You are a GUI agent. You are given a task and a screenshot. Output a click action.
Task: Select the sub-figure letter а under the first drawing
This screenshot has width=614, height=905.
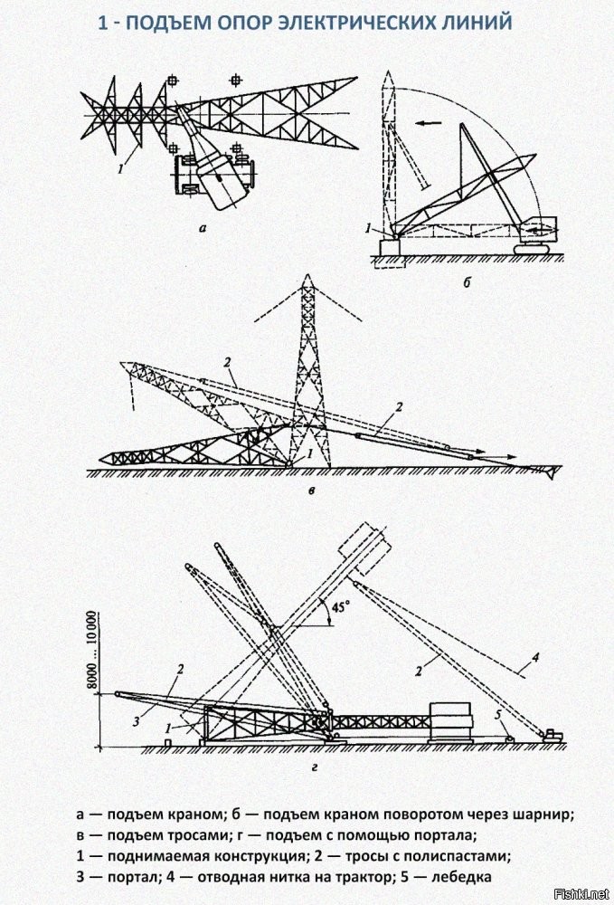[202, 229]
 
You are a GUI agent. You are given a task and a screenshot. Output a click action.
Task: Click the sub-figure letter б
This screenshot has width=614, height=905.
[467, 282]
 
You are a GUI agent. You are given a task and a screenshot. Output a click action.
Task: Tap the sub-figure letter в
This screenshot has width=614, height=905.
[311, 491]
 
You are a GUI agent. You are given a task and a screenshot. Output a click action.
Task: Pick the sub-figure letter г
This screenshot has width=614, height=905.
[314, 767]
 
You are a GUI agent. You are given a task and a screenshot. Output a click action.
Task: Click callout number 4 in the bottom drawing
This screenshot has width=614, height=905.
[535, 657]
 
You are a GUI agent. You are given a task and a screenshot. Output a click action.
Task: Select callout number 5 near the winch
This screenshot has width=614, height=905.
[497, 716]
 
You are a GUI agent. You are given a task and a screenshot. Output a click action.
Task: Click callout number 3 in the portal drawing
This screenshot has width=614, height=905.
[137, 721]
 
